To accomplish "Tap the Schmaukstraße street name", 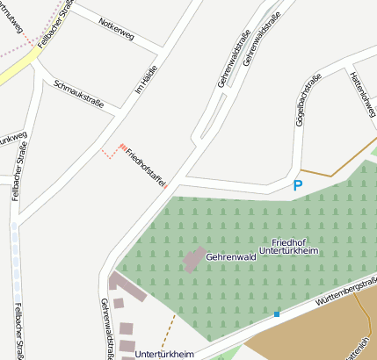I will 79,96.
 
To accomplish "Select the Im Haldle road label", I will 143,83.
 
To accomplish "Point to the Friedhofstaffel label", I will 146,167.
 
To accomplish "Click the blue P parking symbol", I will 297,185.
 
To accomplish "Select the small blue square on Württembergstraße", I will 277,313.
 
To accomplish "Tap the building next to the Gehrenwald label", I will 192,261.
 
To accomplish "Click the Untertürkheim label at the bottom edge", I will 164,353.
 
